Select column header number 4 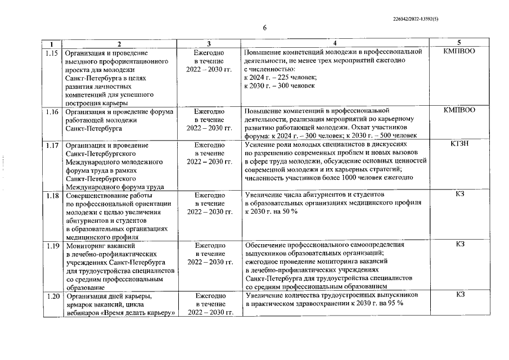[335, 44]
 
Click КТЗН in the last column [459, 145]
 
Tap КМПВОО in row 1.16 [459, 110]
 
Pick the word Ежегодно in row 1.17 [209, 145]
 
